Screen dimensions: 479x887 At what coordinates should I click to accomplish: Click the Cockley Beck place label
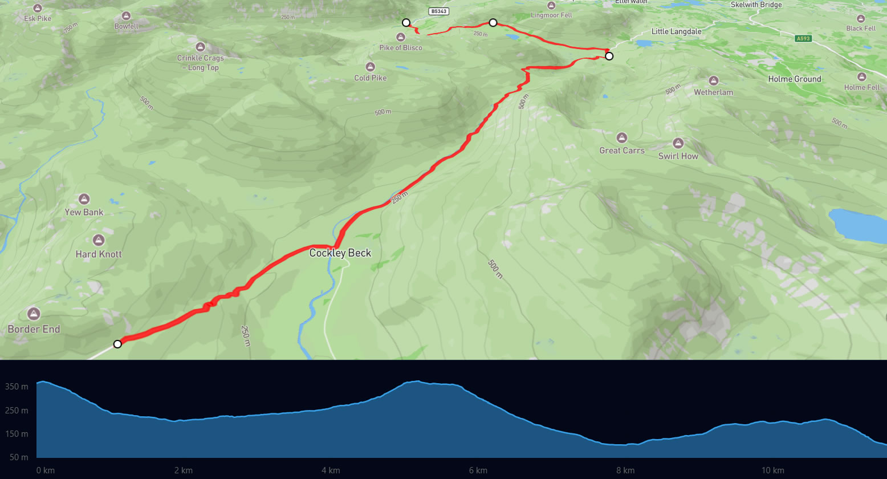(x=340, y=253)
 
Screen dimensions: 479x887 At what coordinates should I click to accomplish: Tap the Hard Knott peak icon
(x=99, y=240)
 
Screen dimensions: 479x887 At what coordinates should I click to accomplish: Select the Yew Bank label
(x=84, y=212)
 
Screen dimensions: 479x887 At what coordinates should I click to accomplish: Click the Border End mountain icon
(x=34, y=314)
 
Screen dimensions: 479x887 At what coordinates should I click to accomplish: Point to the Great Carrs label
(x=622, y=151)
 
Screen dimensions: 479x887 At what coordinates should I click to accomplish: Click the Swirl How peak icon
(x=678, y=143)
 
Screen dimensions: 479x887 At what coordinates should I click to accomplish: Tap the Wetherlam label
(x=713, y=92)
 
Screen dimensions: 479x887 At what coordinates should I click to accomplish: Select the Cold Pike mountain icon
(x=371, y=67)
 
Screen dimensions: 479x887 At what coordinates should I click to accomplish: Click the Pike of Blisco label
(x=401, y=48)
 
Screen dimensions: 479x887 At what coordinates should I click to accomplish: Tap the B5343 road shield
(x=438, y=11)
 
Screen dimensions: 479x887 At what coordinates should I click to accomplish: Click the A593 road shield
(x=803, y=39)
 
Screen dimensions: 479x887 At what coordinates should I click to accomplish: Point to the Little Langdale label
(x=676, y=32)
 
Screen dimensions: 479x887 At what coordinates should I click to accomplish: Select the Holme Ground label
(x=795, y=79)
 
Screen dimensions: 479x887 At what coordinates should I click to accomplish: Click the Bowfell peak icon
(x=126, y=15)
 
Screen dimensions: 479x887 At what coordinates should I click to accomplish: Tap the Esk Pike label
(x=38, y=18)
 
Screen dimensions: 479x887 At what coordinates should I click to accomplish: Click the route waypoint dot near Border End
(x=117, y=344)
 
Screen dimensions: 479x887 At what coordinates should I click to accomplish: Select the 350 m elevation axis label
(x=17, y=387)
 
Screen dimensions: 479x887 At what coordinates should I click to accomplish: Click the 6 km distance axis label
(x=478, y=470)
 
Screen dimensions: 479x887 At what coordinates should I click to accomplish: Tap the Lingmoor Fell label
(x=551, y=15)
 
